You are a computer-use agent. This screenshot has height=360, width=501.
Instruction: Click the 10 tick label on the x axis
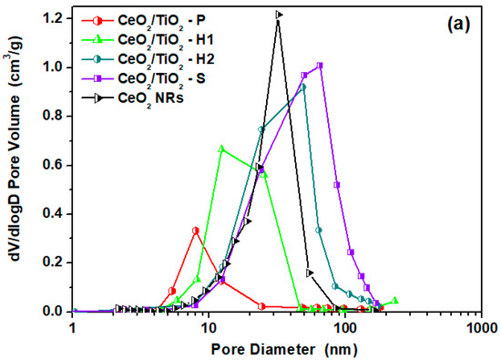(209, 326)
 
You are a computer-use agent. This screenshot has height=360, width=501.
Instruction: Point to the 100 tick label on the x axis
(344, 326)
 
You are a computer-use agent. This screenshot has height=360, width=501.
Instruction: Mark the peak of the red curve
(196, 230)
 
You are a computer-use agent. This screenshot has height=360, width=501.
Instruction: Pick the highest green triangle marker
(221, 148)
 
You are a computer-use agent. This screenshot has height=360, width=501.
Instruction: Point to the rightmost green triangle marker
(394, 301)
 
